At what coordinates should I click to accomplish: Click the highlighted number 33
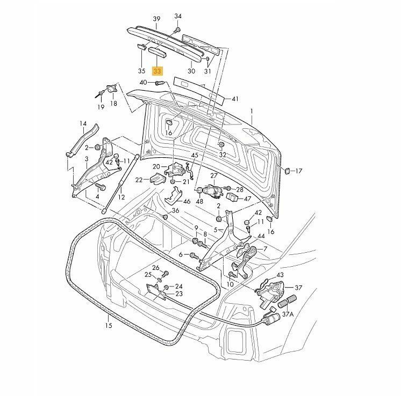click(x=157, y=71)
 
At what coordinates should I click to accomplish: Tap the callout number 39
click(x=157, y=19)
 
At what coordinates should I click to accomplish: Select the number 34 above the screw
click(x=178, y=16)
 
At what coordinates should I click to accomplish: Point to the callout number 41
click(x=234, y=99)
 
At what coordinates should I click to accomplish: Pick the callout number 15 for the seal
click(x=108, y=326)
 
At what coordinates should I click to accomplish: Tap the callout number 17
click(x=299, y=171)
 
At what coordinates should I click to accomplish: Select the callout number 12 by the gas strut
click(x=121, y=197)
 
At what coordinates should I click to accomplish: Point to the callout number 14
click(x=83, y=123)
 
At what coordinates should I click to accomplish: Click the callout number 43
click(x=280, y=275)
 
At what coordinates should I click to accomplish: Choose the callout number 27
click(x=213, y=175)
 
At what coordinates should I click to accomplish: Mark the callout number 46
click(x=187, y=201)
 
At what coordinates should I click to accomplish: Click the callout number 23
click(x=179, y=294)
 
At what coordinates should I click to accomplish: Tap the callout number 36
click(x=175, y=211)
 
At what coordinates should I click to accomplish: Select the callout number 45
click(x=195, y=156)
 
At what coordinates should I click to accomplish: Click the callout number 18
click(x=113, y=103)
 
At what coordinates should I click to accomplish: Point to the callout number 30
click(x=191, y=71)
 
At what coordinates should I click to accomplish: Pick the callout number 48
click(x=199, y=202)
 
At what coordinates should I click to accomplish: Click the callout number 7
click(x=264, y=249)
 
